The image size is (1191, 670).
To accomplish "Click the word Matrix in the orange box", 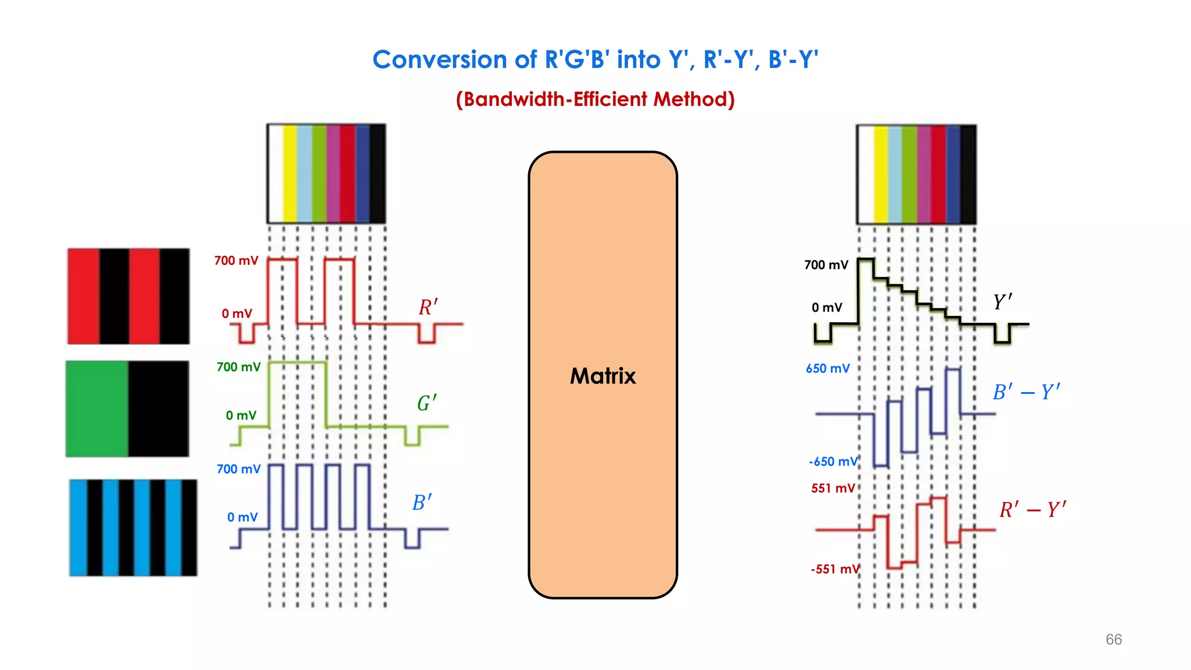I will pyautogui.click(x=602, y=376).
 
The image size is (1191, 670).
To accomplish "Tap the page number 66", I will pyautogui.click(x=1113, y=639).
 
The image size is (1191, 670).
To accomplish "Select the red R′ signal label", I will pyautogui.click(x=428, y=307).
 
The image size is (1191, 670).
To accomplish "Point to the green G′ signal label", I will pyautogui.click(x=426, y=402).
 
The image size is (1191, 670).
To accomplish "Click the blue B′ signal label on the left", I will pyautogui.click(x=422, y=502).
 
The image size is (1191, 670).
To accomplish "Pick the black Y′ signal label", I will pyautogui.click(x=1002, y=302).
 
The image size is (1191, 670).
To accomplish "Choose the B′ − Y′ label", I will pyautogui.click(x=1026, y=392).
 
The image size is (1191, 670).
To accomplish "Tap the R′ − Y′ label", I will pyautogui.click(x=1032, y=509).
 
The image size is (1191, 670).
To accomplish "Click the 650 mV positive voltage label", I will pyautogui.click(x=828, y=369).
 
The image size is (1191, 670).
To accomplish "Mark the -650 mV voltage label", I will pyautogui.click(x=833, y=462).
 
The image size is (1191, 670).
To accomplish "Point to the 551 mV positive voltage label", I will pyautogui.click(x=833, y=489).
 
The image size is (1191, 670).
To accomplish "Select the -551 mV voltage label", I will pyautogui.click(x=835, y=569).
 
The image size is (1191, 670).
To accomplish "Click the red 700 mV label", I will pyautogui.click(x=236, y=261).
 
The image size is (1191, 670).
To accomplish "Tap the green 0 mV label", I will pyautogui.click(x=241, y=415).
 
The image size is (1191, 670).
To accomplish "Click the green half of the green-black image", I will pyautogui.click(x=97, y=408).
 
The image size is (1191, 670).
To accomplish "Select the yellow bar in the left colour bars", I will pyautogui.click(x=290, y=173).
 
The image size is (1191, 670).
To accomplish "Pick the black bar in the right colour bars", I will pyautogui.click(x=968, y=174).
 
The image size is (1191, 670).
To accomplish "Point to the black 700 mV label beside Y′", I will pyautogui.click(x=826, y=265).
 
